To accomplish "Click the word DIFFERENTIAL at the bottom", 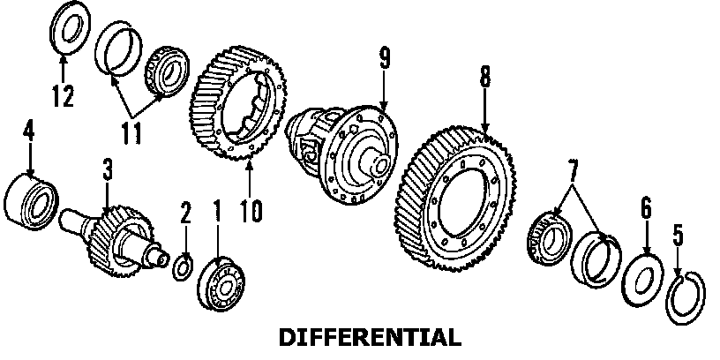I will click(369, 337).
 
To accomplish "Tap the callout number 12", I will click(63, 95).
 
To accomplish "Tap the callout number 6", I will click(646, 207).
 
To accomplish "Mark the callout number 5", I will click(678, 236).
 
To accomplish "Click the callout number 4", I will click(28, 131).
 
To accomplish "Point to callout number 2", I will click(185, 213).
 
